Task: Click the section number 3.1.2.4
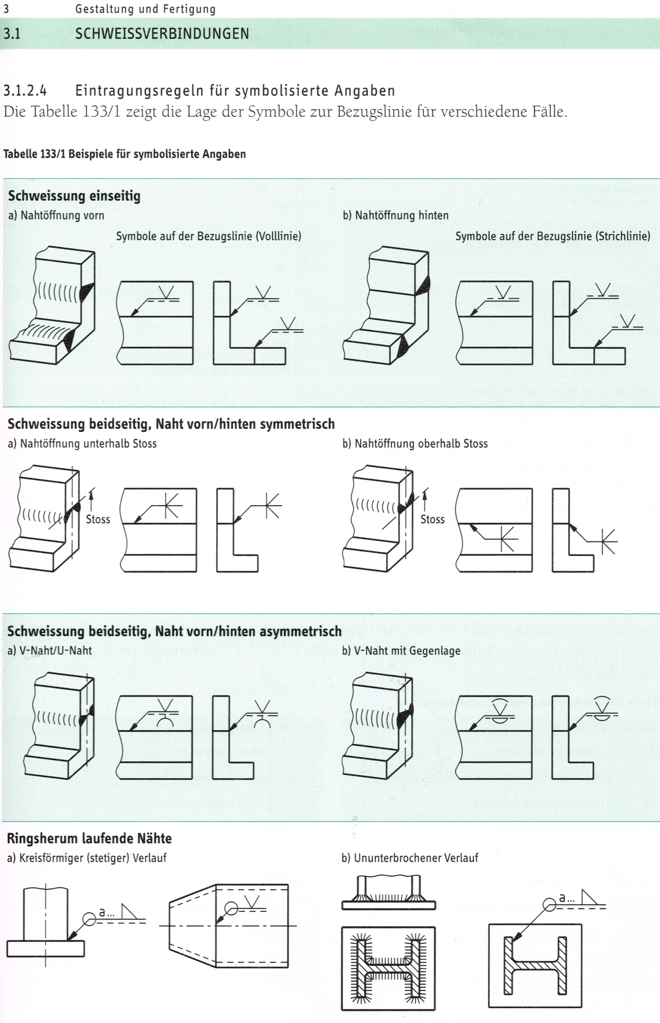pyautogui.click(x=25, y=90)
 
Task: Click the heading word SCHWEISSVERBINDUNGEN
pyautogui.click(x=162, y=34)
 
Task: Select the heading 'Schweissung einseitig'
pyautogui.click(x=74, y=196)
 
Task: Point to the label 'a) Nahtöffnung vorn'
pyautogui.click(x=56, y=215)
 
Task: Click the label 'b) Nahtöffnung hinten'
pyautogui.click(x=395, y=215)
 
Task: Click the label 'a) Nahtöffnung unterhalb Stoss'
pyautogui.click(x=82, y=444)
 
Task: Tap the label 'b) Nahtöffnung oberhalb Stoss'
pyautogui.click(x=415, y=444)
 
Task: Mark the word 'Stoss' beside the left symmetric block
pyautogui.click(x=98, y=519)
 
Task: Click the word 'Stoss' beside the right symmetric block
pyautogui.click(x=432, y=519)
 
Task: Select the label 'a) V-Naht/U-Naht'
pyautogui.click(x=50, y=650)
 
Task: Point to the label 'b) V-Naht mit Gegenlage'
pyautogui.click(x=401, y=650)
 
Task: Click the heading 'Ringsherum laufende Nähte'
pyautogui.click(x=89, y=838)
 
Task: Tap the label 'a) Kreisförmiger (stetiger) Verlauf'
pyautogui.click(x=86, y=858)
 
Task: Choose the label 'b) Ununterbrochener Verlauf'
pyautogui.click(x=410, y=858)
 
